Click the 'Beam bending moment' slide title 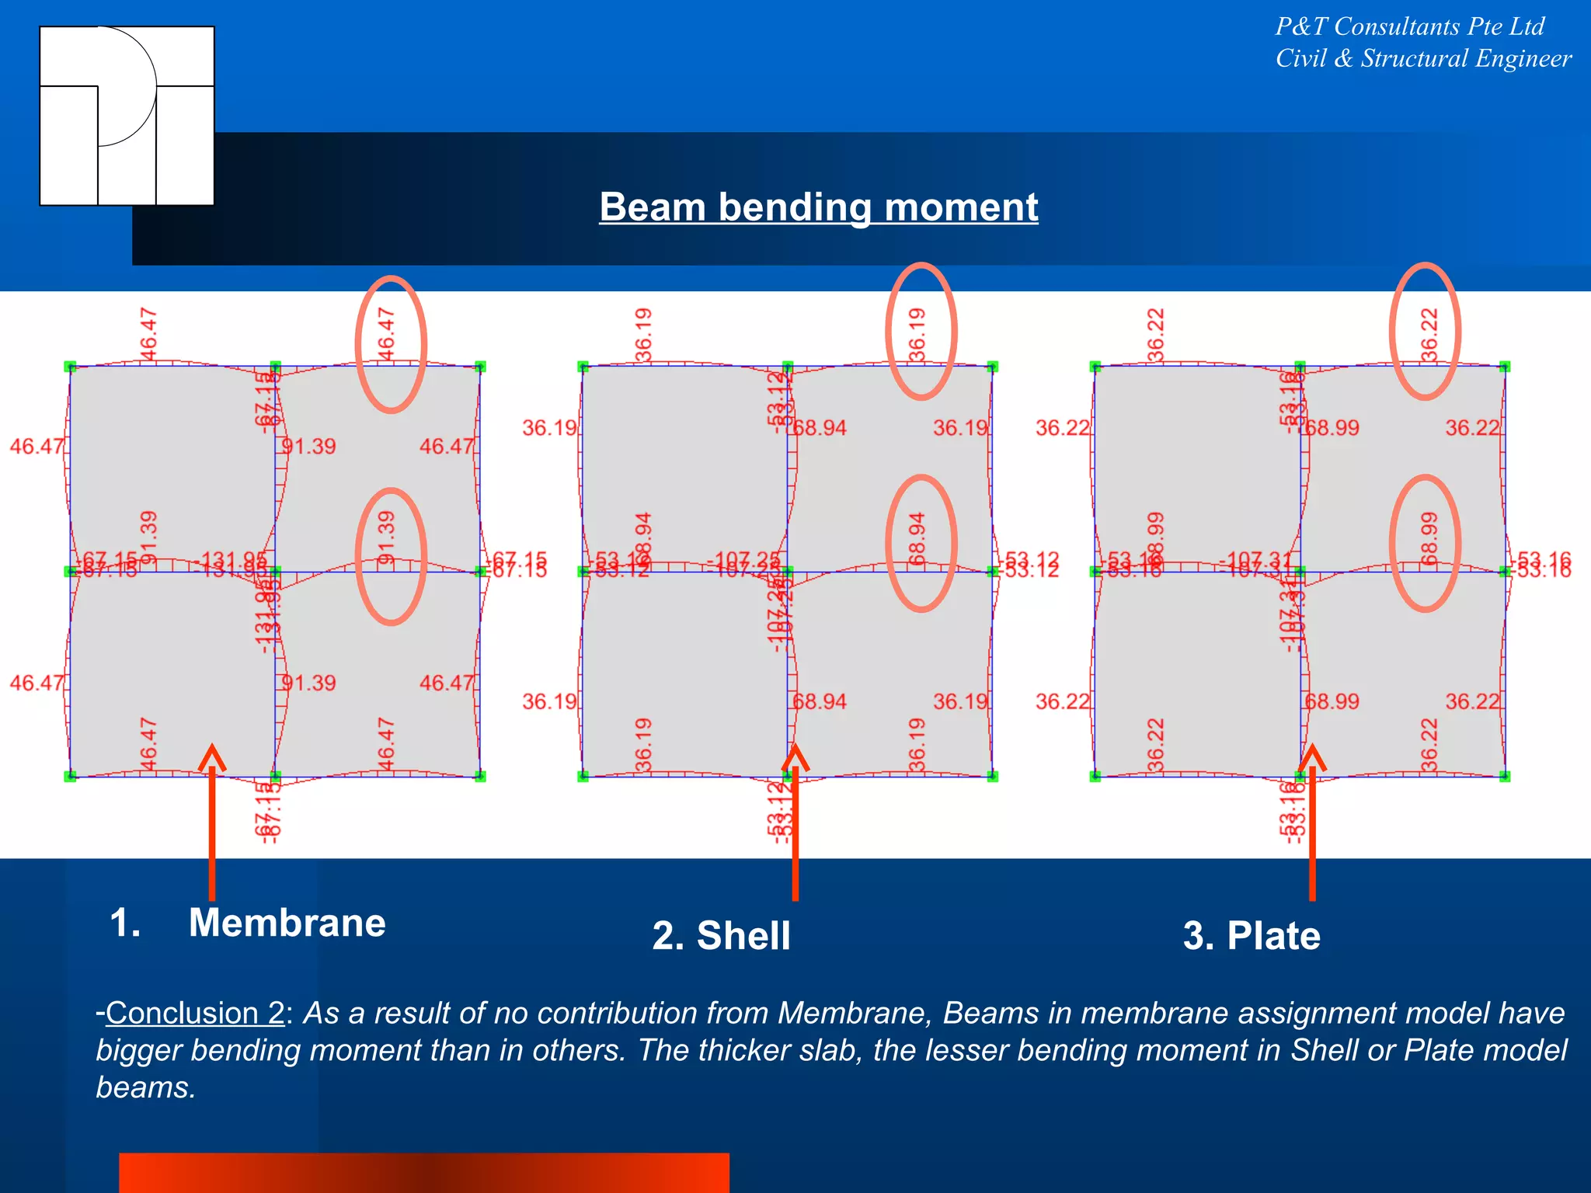[818, 207]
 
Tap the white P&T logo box [127, 116]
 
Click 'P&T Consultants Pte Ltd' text [1409, 26]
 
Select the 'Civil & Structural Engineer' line [1423, 59]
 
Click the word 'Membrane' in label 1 [287, 923]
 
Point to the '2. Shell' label [721, 935]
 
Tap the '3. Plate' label [1251, 935]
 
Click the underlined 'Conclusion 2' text [195, 1013]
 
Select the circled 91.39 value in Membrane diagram [388, 537]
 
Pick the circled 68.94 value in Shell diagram [918, 539]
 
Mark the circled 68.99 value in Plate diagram [1429, 539]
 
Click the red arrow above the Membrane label [212, 823]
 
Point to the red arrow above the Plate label [1312, 823]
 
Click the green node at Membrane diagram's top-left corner [70, 366]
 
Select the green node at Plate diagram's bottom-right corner [1505, 776]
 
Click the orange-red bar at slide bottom [423, 1173]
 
